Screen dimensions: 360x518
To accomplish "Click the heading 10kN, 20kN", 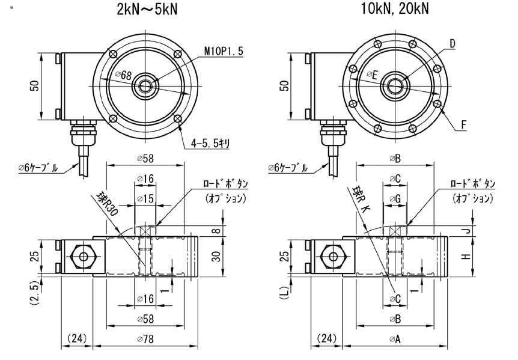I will tap(395, 10).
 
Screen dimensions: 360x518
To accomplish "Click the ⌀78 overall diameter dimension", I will tap(147, 339).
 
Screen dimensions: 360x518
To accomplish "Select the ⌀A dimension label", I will tap(395, 339).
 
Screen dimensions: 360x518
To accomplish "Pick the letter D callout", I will tap(452, 43).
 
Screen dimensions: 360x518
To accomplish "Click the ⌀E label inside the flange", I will tap(373, 75).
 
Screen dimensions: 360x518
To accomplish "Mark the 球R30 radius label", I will tap(108, 205).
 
